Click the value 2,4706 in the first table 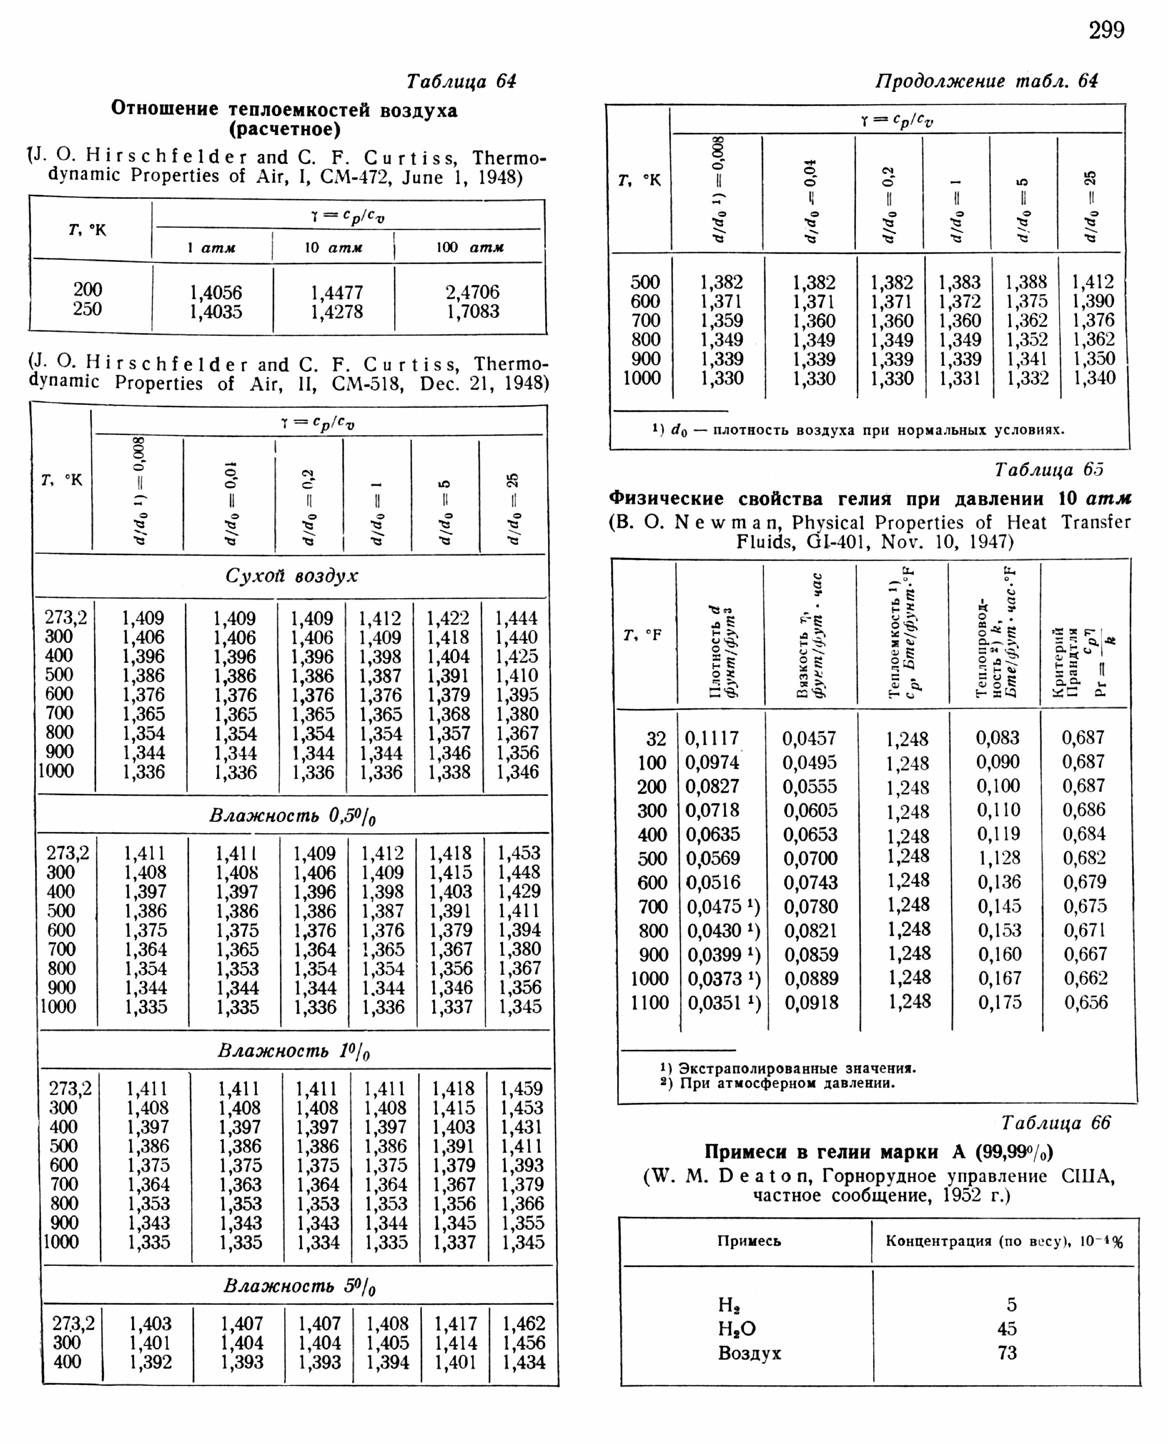point(473,292)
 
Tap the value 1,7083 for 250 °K point(473,311)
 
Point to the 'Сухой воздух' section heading point(292,576)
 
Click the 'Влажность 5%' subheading point(299,1286)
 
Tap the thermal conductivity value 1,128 point(999,858)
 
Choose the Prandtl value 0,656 point(1085,1002)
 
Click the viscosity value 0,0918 point(811,1003)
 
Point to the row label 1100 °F point(649,1003)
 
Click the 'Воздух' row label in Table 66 point(749,1353)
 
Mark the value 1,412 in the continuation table point(1093,281)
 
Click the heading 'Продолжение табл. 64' point(985,81)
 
